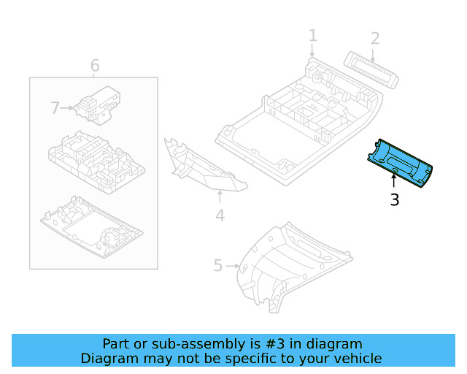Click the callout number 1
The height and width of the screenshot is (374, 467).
pyautogui.click(x=312, y=36)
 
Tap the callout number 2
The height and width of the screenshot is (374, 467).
pyautogui.click(x=375, y=38)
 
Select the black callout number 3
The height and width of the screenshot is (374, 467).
pyautogui.click(x=394, y=199)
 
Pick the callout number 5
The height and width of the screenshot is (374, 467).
pyautogui.click(x=217, y=265)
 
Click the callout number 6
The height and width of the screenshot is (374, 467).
pyautogui.click(x=95, y=66)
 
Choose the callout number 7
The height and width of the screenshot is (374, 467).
pyautogui.click(x=55, y=108)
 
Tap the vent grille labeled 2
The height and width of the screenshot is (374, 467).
pyautogui.click(x=372, y=71)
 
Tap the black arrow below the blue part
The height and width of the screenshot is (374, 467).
pyautogui.click(x=394, y=180)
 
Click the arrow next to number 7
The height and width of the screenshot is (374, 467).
pyautogui.click(x=67, y=108)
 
